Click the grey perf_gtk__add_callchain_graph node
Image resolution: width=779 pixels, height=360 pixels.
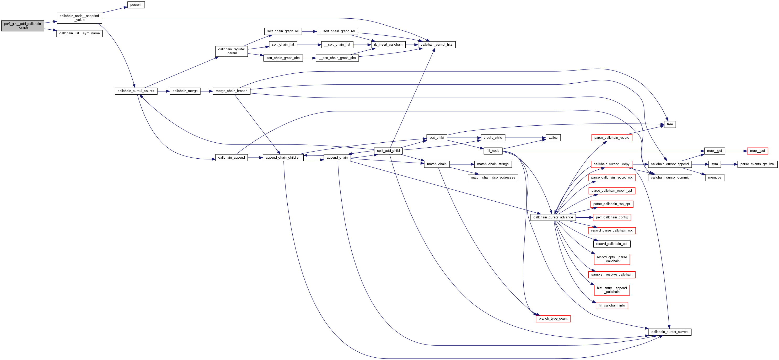23,26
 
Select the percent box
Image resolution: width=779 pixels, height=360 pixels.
136,5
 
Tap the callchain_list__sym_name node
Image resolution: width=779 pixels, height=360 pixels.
79,33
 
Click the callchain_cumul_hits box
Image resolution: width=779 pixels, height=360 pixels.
436,45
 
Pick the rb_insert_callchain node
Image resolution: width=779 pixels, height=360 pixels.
388,45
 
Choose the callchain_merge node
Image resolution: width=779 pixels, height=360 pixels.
185,91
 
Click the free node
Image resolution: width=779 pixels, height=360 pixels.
670,124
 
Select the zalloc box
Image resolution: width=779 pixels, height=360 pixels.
553,138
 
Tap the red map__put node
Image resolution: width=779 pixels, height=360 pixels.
757,151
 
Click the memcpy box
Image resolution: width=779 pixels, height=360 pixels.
714,178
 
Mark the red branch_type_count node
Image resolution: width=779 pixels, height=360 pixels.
553,319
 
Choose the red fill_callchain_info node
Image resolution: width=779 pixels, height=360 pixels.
611,305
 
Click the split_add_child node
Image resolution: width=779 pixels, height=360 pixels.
388,151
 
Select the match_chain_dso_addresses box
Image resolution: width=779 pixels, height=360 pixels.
493,178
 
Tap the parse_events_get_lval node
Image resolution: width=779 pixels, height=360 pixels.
757,164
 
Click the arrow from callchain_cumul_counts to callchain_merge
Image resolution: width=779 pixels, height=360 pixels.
163,91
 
